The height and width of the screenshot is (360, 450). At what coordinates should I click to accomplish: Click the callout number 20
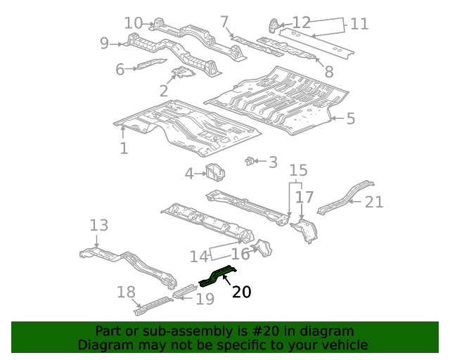click(x=241, y=292)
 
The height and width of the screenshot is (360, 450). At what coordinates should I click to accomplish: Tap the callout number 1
click(x=124, y=148)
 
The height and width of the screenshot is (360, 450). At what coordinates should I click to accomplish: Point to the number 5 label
click(x=350, y=119)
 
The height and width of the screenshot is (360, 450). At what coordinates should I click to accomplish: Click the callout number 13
click(x=99, y=225)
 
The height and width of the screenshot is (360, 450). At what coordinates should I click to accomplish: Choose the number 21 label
click(x=374, y=202)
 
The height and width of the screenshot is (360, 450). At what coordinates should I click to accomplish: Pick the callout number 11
click(x=359, y=24)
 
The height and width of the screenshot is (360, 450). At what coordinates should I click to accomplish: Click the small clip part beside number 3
click(x=249, y=161)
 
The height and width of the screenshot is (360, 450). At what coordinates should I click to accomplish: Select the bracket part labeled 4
click(x=214, y=172)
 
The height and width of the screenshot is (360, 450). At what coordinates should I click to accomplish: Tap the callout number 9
click(x=104, y=44)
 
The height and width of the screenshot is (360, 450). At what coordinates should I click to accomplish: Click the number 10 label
click(x=134, y=23)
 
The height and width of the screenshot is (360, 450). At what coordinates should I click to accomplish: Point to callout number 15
click(x=299, y=170)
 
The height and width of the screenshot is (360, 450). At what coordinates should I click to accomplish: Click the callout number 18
click(x=126, y=292)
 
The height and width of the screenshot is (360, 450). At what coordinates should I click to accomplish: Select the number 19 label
click(x=205, y=299)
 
